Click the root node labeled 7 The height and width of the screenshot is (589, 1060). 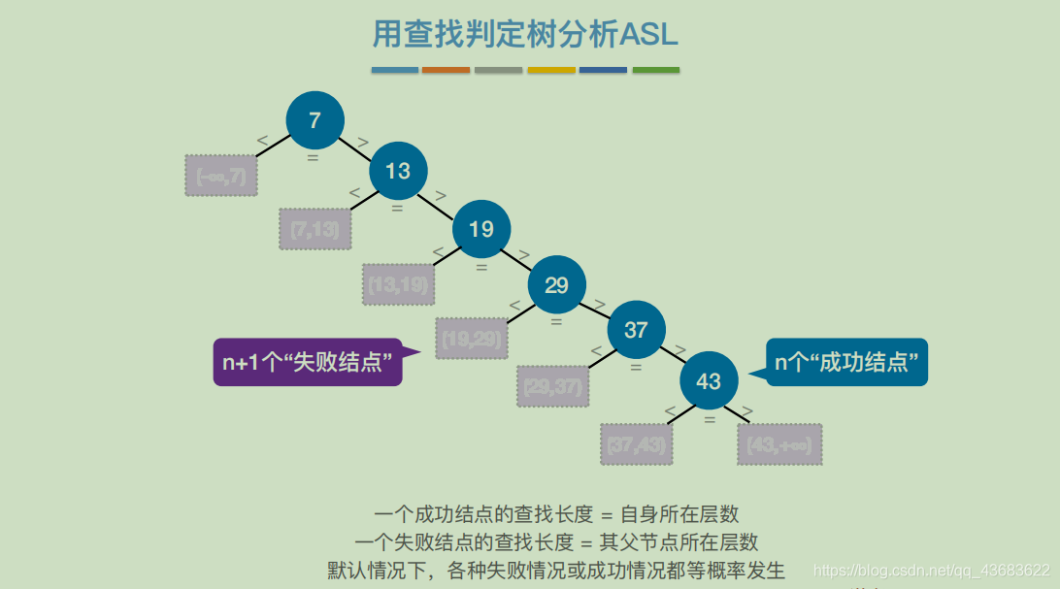coord(315,120)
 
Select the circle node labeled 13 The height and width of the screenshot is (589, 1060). coord(398,171)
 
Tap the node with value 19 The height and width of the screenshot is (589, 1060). coord(481,229)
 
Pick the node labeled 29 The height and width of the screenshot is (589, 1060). coord(556,285)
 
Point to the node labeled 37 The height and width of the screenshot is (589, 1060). coord(636,330)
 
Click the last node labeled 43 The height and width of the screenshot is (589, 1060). coord(709,380)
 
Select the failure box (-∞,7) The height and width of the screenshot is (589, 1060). coord(221,176)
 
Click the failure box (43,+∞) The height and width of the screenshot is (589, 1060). coord(779,444)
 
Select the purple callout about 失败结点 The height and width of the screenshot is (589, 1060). coord(308,362)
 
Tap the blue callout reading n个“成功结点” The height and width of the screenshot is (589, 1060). coord(846,362)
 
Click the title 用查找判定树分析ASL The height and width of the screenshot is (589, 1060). coord(525,34)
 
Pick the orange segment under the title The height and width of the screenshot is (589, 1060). coord(446,70)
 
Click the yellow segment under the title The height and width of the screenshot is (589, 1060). coord(551,70)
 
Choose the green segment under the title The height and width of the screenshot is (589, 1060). coord(656,70)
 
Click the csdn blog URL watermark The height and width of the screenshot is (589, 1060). coord(930,571)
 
